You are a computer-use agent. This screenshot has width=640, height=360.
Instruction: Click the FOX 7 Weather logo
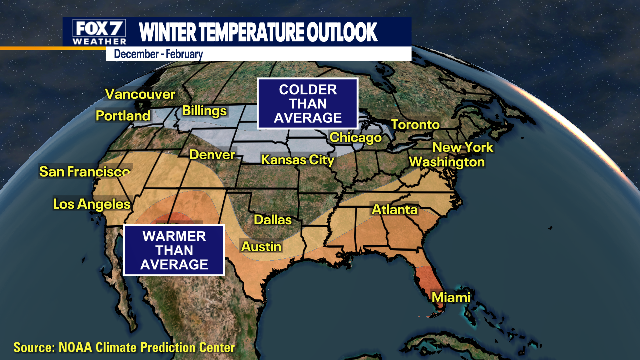tap(99, 32)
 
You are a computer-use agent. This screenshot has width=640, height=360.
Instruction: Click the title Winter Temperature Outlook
tap(258, 32)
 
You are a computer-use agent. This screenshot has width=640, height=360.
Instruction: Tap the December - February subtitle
tap(158, 54)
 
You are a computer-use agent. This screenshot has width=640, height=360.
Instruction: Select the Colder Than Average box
tap(308, 104)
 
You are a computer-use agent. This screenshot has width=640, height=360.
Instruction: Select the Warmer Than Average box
tap(174, 250)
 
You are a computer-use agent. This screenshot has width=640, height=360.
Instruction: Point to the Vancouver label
tap(140, 94)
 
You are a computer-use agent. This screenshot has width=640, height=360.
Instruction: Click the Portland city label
tap(123, 116)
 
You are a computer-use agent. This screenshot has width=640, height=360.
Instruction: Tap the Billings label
tap(204, 111)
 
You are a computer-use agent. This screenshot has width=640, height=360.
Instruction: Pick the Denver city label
tap(212, 155)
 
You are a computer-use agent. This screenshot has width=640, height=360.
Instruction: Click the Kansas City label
tap(298, 160)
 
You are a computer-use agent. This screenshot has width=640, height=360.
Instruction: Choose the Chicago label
tap(356, 137)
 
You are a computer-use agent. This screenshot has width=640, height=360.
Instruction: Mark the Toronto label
tap(415, 125)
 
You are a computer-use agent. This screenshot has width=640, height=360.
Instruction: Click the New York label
tap(462, 147)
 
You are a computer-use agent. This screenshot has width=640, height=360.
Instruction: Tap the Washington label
tap(447, 162)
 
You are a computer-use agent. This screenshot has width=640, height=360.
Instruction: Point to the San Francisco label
tap(85, 172)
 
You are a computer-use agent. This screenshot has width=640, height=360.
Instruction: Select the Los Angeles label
tap(92, 204)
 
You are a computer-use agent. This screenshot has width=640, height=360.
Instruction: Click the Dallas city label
tap(272, 220)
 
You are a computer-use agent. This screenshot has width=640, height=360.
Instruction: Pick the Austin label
tap(261, 247)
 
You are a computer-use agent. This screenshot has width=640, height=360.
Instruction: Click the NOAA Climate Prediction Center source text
tap(124, 347)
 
